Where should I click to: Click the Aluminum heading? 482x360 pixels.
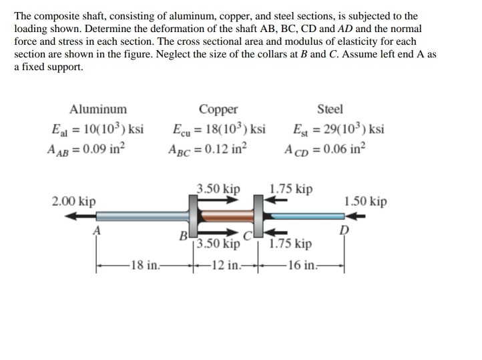pyautogui.click(x=98, y=110)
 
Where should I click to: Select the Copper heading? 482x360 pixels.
pyautogui.click(x=218, y=110)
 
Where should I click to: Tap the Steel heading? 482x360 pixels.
pyautogui.click(x=330, y=110)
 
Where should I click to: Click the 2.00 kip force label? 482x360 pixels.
pyautogui.click(x=73, y=201)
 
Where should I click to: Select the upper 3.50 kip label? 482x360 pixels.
pyautogui.click(x=218, y=189)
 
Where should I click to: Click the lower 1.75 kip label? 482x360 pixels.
pyautogui.click(x=290, y=244)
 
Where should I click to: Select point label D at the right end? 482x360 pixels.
pyautogui.click(x=344, y=230)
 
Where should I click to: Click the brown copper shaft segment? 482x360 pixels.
pyautogui.click(x=224, y=216)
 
